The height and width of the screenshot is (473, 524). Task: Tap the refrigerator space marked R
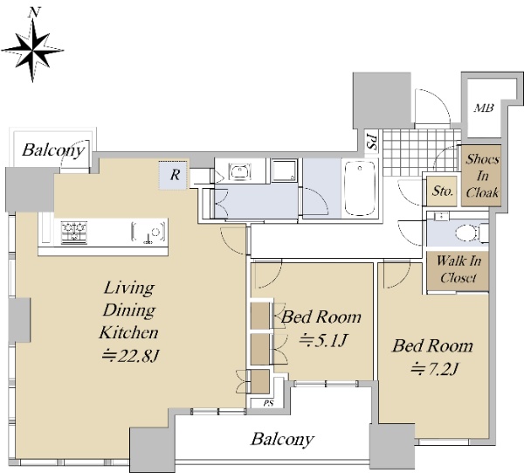[175, 175]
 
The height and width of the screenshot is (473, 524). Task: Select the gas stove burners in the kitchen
[74, 233]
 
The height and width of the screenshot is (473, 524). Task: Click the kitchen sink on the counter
[148, 232]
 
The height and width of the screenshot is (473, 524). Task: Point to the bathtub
[360, 188]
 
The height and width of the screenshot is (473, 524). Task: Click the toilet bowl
[466, 232]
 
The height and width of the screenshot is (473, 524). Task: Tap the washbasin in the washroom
[239, 171]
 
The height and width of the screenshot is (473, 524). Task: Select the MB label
[484, 108]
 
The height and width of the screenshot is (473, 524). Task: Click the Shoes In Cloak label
[482, 176]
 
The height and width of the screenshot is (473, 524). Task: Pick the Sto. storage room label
[443, 191]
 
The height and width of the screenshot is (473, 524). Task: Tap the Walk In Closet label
[458, 269]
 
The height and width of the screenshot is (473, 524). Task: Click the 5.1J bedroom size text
[323, 340]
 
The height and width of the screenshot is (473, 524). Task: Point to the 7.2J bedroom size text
[433, 369]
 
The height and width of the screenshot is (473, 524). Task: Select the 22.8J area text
[129, 355]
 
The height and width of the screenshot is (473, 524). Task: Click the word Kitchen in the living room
[128, 332]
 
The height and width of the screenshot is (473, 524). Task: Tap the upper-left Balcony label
[52, 150]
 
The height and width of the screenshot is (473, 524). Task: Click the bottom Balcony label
[282, 439]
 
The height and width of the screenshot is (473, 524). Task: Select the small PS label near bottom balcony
[268, 403]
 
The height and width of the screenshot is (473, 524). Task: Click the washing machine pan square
[284, 171]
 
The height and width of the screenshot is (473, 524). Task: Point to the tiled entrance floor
[422, 152]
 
